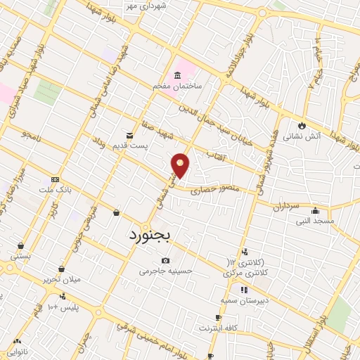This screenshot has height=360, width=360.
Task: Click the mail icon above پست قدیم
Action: tap(129, 135)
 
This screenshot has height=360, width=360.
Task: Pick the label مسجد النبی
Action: tap(315, 221)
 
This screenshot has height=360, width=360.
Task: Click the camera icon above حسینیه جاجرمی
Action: tap(166, 260)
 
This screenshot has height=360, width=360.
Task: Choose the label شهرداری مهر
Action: tap(169, 6)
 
